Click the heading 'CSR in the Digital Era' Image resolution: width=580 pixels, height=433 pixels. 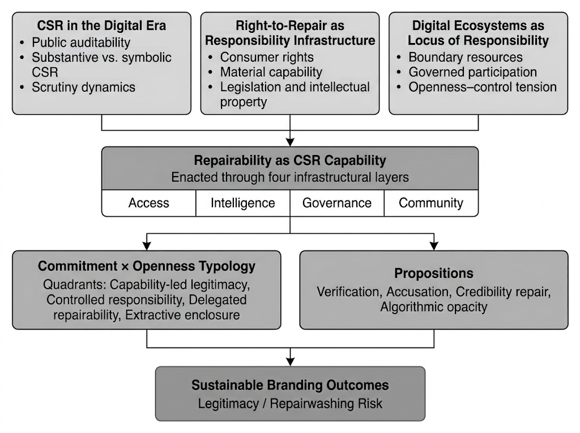coord(101,25)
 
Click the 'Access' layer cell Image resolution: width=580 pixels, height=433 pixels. coord(149,203)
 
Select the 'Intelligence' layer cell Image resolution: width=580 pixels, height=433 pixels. coord(242,203)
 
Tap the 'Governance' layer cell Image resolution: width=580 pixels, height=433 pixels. coord(337,203)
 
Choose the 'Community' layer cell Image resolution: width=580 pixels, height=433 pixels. coord(431,203)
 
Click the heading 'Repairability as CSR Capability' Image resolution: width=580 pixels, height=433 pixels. coord(290,161)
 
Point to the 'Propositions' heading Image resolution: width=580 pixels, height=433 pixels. coord(433,273)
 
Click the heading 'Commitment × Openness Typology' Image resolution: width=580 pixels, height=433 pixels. coord(147,266)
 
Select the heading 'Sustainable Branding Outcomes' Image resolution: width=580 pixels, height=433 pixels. coord(290,385)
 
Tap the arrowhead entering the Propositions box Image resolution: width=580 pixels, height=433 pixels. coord(434,246)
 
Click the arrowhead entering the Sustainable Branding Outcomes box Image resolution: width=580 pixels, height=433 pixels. coord(290,362)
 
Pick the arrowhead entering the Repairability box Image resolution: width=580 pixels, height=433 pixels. coord(290,142)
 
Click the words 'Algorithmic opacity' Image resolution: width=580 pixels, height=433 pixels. coord(433,307)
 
